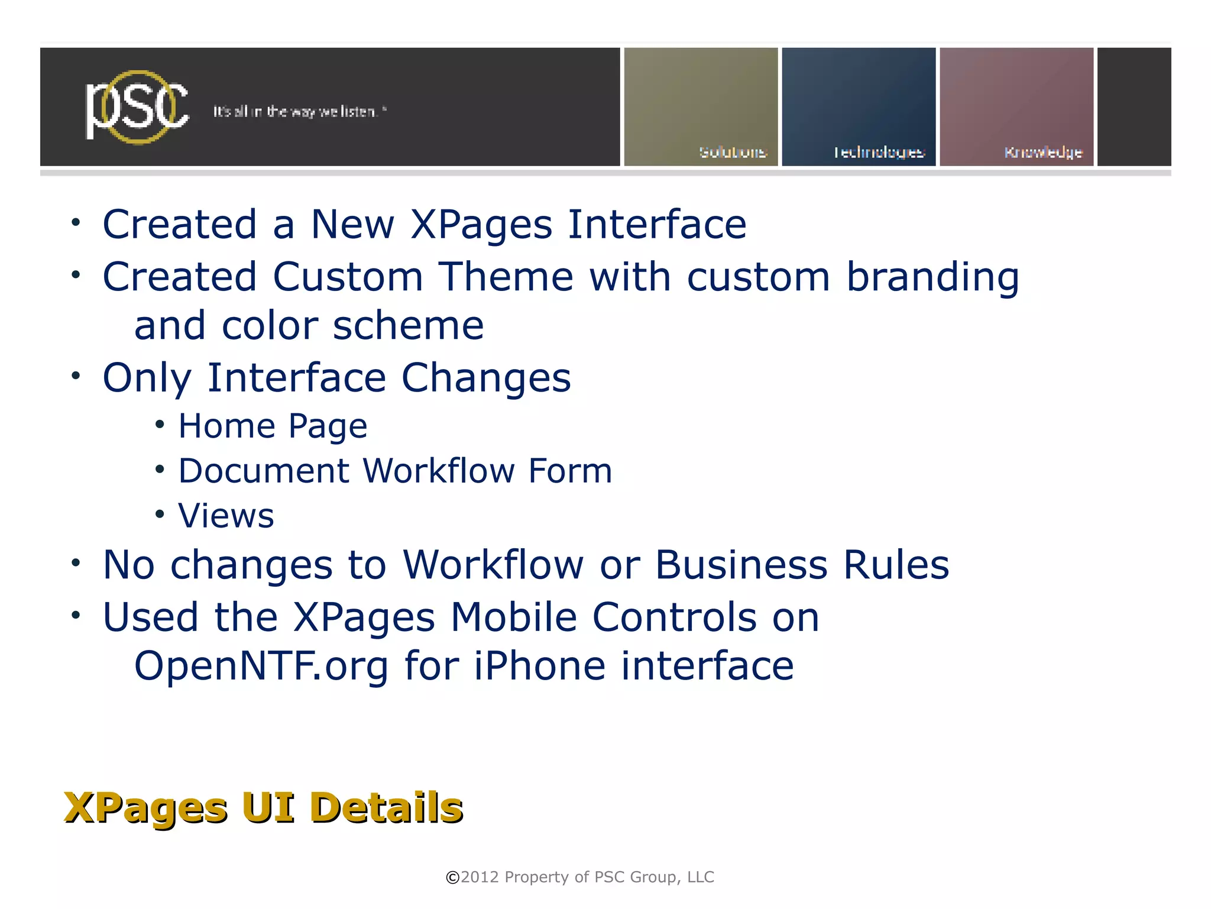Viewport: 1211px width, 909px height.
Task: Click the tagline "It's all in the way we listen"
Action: pos(299,112)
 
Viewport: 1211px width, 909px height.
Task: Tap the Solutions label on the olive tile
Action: pos(733,153)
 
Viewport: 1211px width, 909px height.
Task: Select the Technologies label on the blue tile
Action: pos(879,153)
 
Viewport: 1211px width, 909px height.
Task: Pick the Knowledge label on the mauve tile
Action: pos(1043,153)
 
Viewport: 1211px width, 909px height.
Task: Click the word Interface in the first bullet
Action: pos(657,225)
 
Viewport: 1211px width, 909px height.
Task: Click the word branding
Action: pos(932,278)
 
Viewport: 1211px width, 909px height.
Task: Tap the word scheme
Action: pos(408,326)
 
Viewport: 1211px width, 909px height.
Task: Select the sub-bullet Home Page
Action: pos(273,426)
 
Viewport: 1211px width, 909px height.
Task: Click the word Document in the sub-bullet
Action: pos(264,471)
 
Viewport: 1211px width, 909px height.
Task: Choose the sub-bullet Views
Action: pos(226,516)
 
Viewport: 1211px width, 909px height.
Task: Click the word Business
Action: pos(741,565)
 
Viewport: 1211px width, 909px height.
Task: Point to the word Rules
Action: pos(896,565)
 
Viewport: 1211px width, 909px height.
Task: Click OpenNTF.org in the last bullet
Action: pos(261,667)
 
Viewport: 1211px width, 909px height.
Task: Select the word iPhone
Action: pos(539,667)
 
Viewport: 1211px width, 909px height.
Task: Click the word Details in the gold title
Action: pos(386,808)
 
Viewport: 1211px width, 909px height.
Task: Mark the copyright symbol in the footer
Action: pos(452,878)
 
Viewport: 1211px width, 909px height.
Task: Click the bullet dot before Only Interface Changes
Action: pos(75,376)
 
